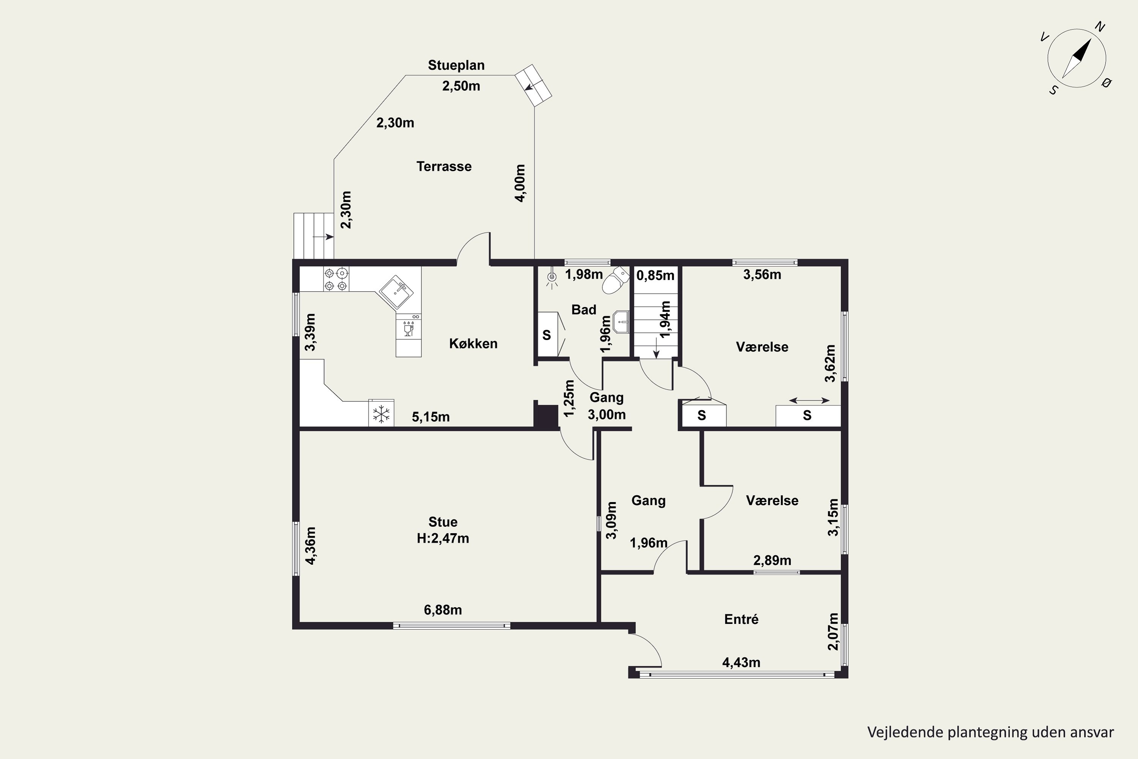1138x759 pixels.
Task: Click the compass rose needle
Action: tap(1077, 58)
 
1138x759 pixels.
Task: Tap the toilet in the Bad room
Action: tap(616, 281)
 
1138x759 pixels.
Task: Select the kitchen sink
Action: tap(396, 292)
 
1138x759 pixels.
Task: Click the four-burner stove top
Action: tap(336, 279)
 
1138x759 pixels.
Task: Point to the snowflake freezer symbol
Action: tap(381, 414)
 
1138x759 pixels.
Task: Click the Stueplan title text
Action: tap(456, 65)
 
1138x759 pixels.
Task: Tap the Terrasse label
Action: tap(444, 167)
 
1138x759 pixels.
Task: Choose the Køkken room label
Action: tap(473, 344)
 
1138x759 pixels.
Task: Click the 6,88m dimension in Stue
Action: tap(443, 610)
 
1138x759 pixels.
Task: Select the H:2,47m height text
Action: tap(443, 538)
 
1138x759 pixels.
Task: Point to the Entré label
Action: tap(741, 619)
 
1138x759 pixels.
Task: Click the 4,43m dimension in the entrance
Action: tap(741, 662)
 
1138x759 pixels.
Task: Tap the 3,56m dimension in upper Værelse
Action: tap(762, 275)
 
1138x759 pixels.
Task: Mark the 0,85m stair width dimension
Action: tap(655, 276)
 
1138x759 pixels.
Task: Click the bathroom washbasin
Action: tap(621, 321)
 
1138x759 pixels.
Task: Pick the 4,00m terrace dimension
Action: tap(520, 183)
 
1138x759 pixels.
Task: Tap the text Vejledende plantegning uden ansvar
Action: tap(990, 732)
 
